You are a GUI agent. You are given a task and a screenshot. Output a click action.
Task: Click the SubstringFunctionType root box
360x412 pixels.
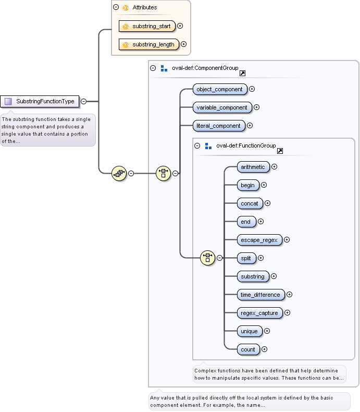click(40, 101)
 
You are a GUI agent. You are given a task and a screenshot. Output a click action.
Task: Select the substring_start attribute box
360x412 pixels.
click(147, 26)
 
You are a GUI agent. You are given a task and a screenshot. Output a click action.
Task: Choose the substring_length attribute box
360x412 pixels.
click(148, 45)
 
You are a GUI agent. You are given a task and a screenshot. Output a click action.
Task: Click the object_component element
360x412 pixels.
click(219, 89)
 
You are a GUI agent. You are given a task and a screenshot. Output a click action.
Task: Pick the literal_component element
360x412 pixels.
click(219, 126)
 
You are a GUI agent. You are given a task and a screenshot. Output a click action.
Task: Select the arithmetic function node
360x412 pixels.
click(253, 167)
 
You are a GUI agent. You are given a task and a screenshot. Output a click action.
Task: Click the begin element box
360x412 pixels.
click(247, 185)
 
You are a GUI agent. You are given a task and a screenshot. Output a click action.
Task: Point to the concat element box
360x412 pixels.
click(250, 203)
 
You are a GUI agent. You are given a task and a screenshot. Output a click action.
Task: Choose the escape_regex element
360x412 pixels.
click(259, 240)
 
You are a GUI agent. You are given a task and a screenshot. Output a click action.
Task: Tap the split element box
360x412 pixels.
click(246, 258)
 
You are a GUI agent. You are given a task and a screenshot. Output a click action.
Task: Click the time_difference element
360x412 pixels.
click(260, 295)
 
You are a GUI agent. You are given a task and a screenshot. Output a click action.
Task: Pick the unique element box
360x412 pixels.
click(249, 331)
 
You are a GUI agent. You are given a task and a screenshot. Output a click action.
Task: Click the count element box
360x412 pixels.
click(248, 349)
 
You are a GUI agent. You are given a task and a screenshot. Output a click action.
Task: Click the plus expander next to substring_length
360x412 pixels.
click(183, 45)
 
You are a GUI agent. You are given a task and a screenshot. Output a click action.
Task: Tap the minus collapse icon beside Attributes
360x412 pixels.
click(116, 8)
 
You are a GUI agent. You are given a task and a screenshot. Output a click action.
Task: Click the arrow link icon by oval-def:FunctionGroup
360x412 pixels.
click(280, 151)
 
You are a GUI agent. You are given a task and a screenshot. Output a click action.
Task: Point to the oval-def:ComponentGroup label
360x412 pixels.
click(205, 68)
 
